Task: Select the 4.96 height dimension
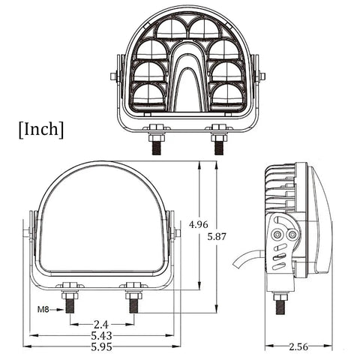(x=199, y=224)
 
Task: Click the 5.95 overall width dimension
(x=100, y=348)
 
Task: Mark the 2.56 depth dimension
(x=298, y=347)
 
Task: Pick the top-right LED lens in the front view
(x=204, y=29)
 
